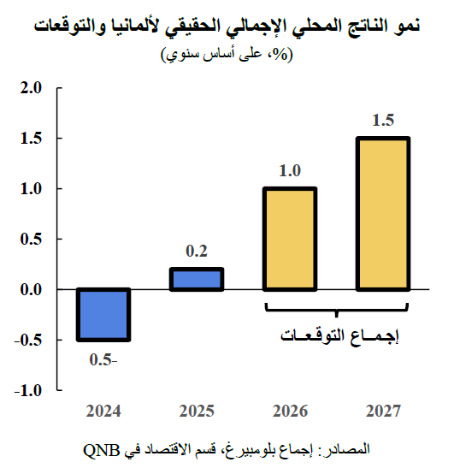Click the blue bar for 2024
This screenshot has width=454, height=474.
(x=103, y=315)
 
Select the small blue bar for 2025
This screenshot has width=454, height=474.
(x=197, y=280)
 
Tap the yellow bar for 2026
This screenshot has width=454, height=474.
(x=290, y=239)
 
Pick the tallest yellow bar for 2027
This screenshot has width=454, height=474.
(x=383, y=214)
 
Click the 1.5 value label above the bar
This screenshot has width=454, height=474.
(x=383, y=121)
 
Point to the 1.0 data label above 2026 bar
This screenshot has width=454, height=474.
(x=290, y=171)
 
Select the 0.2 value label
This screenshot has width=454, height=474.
(x=197, y=252)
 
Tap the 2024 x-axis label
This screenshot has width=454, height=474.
(x=103, y=412)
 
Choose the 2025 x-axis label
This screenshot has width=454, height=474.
(x=197, y=412)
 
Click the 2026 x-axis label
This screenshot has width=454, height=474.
(x=290, y=412)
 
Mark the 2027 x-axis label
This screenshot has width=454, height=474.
(x=383, y=412)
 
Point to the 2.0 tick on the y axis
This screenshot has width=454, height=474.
(x=32, y=87)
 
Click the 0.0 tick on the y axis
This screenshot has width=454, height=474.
(x=32, y=290)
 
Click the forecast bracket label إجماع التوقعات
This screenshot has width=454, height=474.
(x=337, y=335)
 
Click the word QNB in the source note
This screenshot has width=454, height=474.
(x=102, y=449)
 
